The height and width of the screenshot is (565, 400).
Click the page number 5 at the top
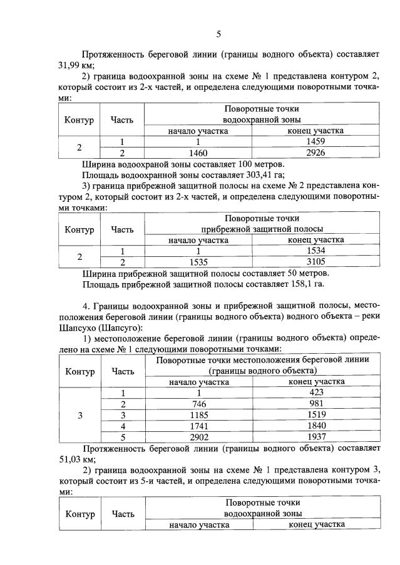[x=218, y=34]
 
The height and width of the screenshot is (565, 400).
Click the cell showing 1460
[x=198, y=152]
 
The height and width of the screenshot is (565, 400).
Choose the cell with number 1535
[x=198, y=262]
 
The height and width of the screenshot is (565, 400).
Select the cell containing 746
[x=198, y=404]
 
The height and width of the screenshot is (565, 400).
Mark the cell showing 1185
[x=198, y=415]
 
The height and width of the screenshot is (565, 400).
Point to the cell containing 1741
[x=198, y=426]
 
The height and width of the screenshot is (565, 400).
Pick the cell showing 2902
[x=198, y=437]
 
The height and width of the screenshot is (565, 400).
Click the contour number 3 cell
[x=79, y=415]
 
